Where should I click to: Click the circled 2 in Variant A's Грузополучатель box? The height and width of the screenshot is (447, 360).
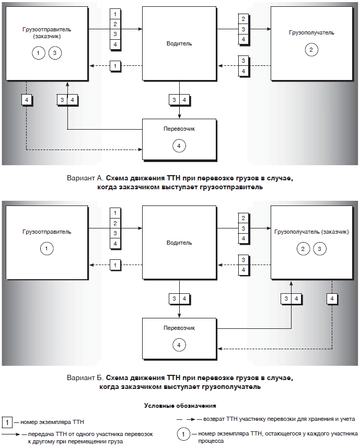click(x=311, y=50)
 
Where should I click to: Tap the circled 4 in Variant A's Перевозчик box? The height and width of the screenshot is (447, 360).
click(x=179, y=146)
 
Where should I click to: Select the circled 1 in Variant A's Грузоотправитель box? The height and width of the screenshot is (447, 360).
click(x=39, y=53)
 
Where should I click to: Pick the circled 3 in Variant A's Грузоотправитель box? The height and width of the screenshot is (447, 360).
click(x=55, y=53)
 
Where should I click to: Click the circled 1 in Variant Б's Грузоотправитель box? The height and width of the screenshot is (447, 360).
click(x=46, y=249)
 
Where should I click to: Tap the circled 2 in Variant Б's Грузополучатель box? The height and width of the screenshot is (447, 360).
click(x=303, y=249)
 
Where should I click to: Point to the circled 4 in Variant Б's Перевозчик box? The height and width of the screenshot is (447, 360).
click(x=179, y=345)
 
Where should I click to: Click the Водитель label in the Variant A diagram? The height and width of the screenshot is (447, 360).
click(x=179, y=43)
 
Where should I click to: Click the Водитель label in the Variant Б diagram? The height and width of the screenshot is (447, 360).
click(x=179, y=243)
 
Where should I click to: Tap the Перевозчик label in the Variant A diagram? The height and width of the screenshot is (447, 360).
click(x=179, y=128)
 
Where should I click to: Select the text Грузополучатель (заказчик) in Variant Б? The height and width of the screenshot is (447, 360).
click(x=311, y=232)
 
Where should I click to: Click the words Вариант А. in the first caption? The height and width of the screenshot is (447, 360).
click(x=86, y=178)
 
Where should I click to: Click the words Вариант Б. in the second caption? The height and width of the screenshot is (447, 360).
click(x=86, y=377)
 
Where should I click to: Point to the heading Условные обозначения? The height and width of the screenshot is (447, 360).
click(x=180, y=405)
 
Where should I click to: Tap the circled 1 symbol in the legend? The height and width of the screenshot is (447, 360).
click(x=183, y=434)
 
